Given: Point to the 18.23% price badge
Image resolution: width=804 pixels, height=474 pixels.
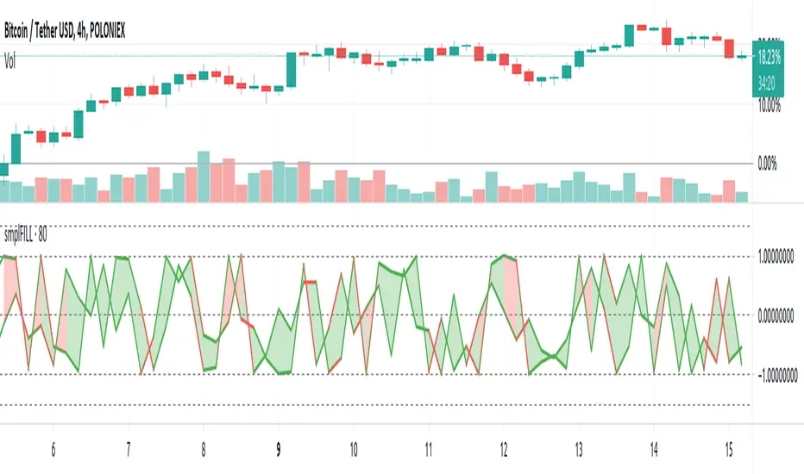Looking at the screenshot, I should pyautogui.click(x=769, y=60).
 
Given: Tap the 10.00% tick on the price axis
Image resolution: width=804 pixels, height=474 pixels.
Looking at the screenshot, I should pyautogui.click(x=769, y=107).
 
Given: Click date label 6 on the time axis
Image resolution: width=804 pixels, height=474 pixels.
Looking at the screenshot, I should pyautogui.click(x=53, y=449).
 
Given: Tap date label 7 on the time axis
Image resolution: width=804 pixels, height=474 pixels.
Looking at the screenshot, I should pyautogui.click(x=129, y=449).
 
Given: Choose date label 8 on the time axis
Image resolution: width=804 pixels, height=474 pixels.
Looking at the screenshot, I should pyautogui.click(x=204, y=449).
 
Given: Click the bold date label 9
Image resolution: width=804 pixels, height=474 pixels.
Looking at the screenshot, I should pyautogui.click(x=279, y=449).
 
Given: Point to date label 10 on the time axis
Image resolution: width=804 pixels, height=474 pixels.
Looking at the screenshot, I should pyautogui.click(x=354, y=449).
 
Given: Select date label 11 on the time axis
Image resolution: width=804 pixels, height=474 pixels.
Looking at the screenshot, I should pyautogui.click(x=429, y=449).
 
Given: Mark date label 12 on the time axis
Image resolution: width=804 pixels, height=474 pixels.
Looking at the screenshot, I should pyautogui.click(x=504, y=449).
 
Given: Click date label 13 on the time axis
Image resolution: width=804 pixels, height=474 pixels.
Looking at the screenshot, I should pyautogui.click(x=579, y=449).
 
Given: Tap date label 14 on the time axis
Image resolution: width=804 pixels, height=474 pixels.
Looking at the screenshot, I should pyautogui.click(x=654, y=449).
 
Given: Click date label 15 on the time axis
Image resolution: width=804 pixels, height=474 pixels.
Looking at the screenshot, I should pyautogui.click(x=729, y=449).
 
